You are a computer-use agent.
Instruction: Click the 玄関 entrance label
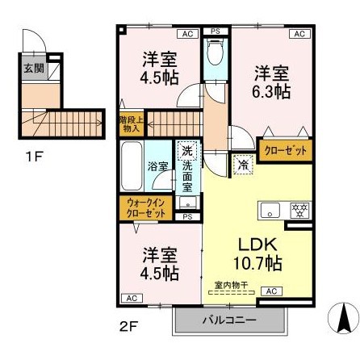point(28,69)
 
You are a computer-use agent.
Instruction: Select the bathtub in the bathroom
point(131,165)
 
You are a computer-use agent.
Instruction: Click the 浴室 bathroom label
point(157,166)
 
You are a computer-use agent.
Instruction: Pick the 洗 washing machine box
point(186,150)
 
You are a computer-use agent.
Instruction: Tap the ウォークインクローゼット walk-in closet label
point(146,207)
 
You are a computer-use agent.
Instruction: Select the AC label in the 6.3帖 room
point(299,34)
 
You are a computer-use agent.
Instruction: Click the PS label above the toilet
point(215,32)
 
